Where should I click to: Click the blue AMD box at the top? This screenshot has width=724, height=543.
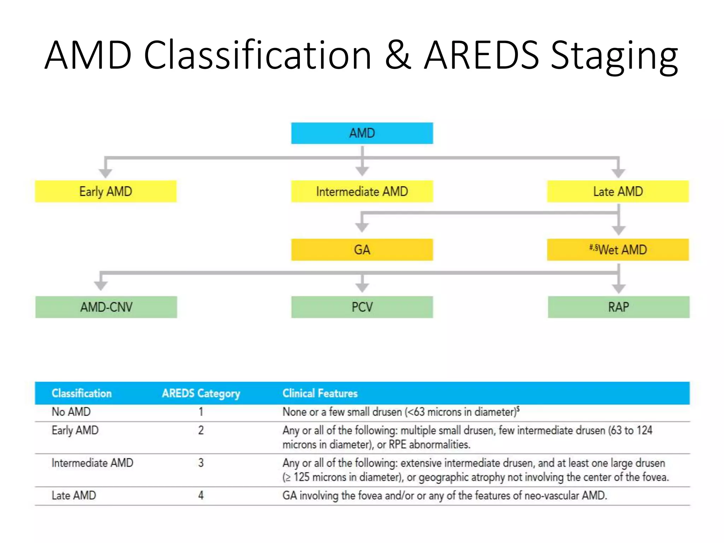coord(362,133)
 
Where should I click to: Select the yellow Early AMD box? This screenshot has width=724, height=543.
coord(106,191)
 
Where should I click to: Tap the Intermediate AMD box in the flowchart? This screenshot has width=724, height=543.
coord(362,191)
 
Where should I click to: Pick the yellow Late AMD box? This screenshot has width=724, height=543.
coord(618,191)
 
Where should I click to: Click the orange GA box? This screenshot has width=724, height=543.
coord(362,250)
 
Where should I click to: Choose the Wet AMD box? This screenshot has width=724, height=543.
coord(618,250)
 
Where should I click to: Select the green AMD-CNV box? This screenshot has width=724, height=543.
coord(106,307)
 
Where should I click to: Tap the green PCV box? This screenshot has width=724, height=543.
coord(362,307)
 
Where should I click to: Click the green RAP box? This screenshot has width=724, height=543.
coord(619,307)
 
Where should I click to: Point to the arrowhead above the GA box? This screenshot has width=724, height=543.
coord(362,228)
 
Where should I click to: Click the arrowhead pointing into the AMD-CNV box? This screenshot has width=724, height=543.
coord(101,286)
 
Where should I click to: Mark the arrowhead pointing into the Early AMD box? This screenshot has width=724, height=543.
coord(105,173)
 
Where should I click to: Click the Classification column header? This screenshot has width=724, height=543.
coord(82,393)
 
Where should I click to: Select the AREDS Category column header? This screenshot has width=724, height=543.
coord(201,393)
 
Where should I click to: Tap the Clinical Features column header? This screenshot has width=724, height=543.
coord(320,393)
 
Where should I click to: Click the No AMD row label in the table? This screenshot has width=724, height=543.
coord(71,412)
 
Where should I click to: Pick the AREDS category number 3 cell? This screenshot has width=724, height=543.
coord(201,463)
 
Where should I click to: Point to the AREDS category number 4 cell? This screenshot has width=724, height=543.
coord(201,495)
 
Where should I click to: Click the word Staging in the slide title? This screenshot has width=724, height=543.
coord(614,56)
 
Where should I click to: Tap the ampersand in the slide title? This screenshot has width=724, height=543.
coord(398,55)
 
